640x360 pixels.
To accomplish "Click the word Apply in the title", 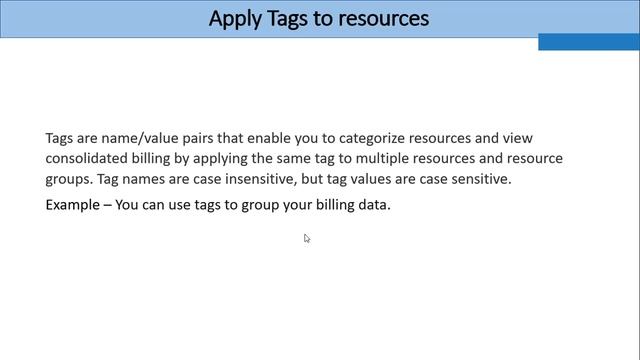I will (x=234, y=18).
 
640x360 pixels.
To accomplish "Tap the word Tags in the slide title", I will (x=288, y=18).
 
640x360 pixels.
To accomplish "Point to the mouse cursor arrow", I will (x=306, y=238).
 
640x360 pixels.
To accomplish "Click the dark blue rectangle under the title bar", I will (x=588, y=42).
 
